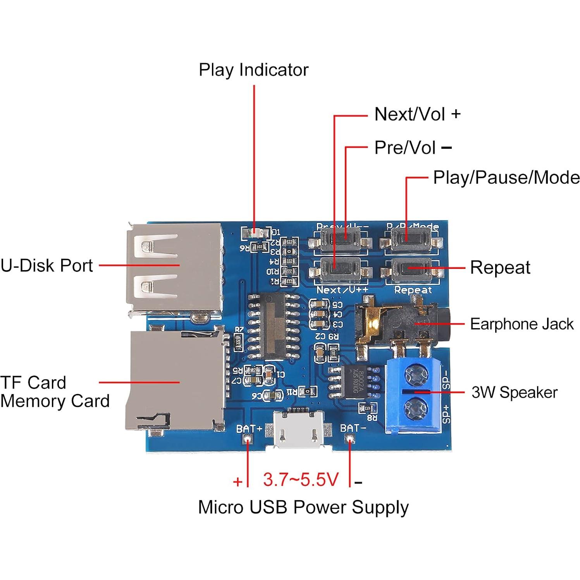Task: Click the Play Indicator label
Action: click(x=253, y=70)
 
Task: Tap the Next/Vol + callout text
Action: click(x=417, y=114)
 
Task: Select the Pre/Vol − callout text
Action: click(x=412, y=148)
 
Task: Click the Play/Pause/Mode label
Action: click(x=506, y=178)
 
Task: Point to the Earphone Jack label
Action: click(x=521, y=324)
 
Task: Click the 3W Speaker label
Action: click(x=514, y=392)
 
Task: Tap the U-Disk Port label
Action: click(x=46, y=266)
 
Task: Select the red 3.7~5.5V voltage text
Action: click(x=301, y=480)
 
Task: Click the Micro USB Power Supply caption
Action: click(x=303, y=507)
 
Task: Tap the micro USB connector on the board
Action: click(x=298, y=430)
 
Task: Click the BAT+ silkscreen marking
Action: click(x=249, y=429)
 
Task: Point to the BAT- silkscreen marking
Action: click(x=353, y=429)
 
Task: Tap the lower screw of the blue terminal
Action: click(x=416, y=408)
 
